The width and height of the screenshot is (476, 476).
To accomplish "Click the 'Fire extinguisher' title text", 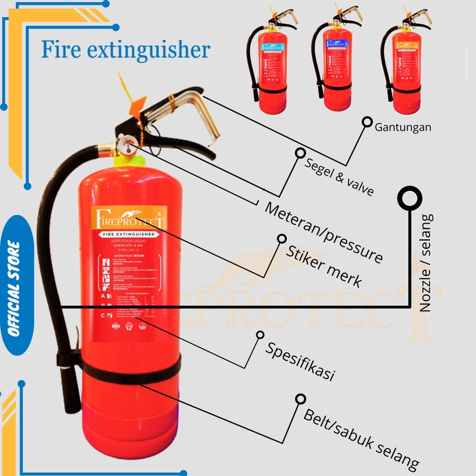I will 125,50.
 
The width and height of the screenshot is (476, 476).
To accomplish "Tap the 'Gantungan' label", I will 403,126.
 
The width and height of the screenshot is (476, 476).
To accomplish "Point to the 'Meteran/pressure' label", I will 323,231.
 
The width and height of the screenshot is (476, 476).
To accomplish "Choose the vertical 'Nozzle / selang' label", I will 426,262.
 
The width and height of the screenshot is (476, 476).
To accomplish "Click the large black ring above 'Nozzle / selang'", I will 411,199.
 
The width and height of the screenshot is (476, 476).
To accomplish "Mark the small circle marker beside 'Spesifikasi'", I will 259,335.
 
